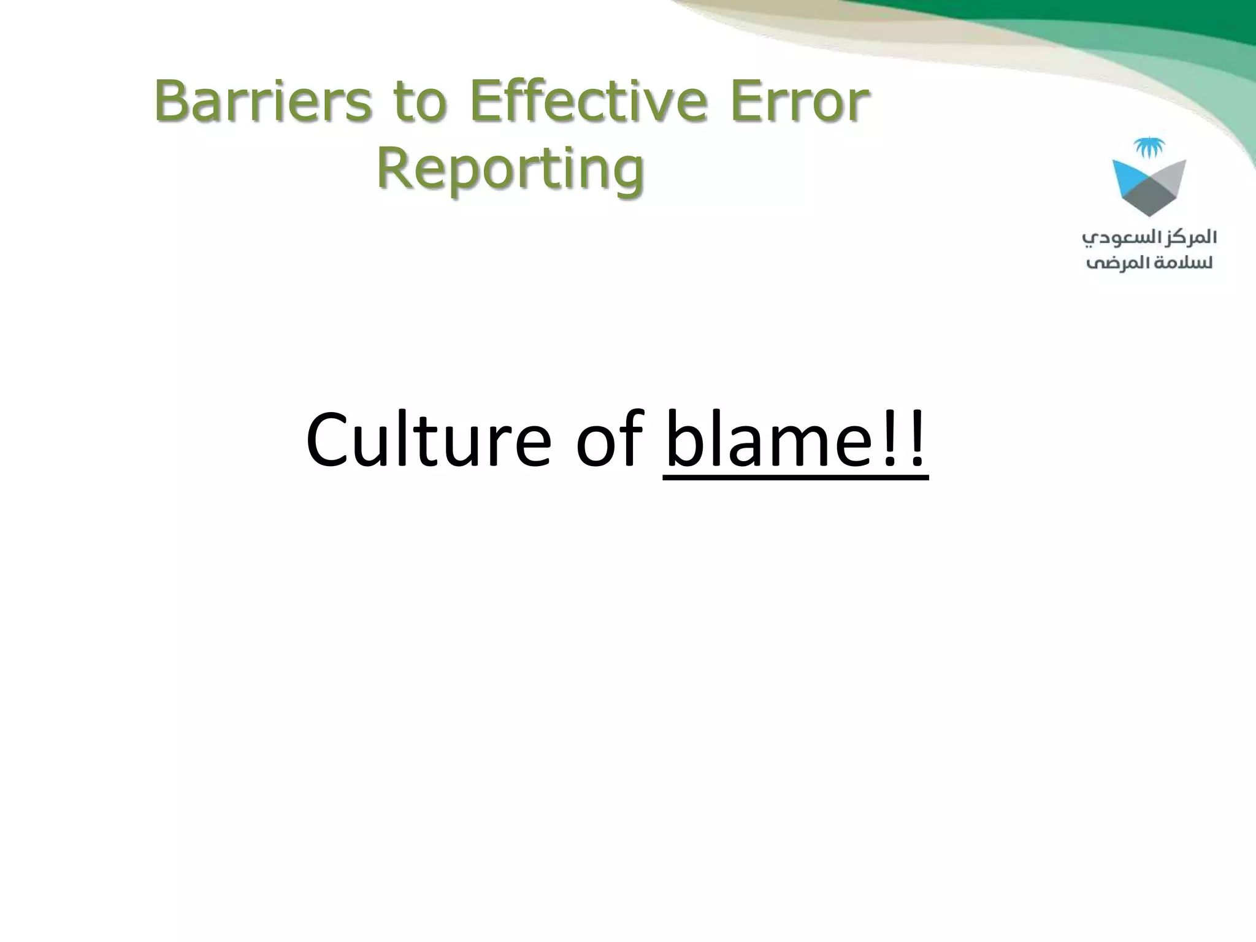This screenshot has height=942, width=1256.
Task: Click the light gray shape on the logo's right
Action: tap(1171, 172)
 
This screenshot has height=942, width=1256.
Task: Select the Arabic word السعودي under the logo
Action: tap(1119, 239)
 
